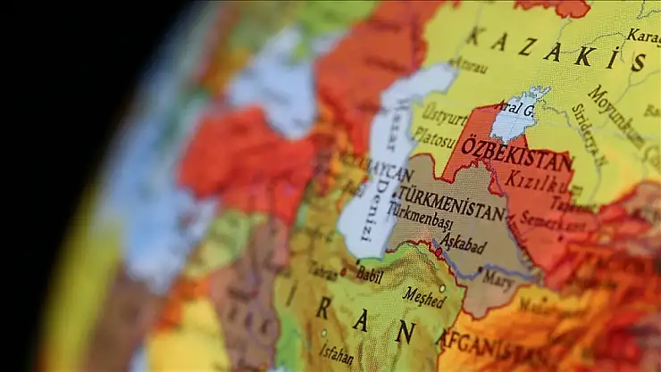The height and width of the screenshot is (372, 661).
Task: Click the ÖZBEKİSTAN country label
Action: [516, 154]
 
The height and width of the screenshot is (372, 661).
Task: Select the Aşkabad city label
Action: [463, 242]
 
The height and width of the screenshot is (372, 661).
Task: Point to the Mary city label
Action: [498, 277]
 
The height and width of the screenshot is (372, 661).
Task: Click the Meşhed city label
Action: [423, 295]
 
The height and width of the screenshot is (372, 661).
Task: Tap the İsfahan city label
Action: [335, 353]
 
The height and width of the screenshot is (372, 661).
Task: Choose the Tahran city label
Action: [322, 270]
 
